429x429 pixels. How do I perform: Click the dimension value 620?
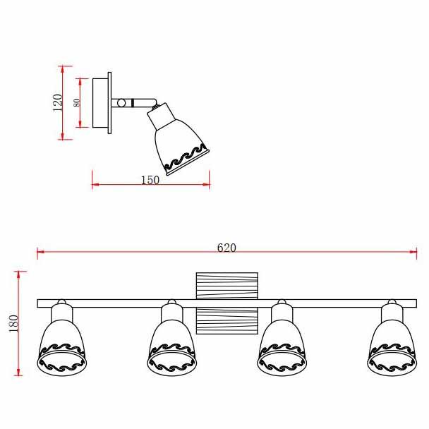226,248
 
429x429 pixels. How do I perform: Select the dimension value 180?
13,323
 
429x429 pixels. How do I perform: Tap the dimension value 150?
150,180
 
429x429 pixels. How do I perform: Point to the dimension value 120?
57,102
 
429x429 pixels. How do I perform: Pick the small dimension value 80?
77,102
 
